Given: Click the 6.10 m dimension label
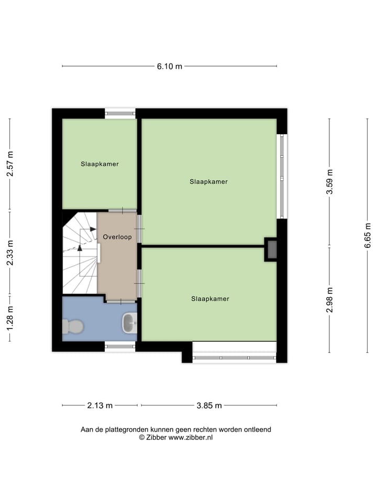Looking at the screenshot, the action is (169, 67).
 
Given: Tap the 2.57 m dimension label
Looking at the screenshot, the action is (10, 163).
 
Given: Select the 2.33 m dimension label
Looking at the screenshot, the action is (10, 253).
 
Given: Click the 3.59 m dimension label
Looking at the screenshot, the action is (329, 182).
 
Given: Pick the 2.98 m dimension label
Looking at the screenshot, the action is (329, 300).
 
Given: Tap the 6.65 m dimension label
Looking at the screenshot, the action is (368, 235).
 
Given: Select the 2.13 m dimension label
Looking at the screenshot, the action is (99, 406).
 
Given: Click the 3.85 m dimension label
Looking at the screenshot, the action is (209, 406).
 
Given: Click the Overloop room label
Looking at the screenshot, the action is (117, 237).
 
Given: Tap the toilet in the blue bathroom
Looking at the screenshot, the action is (73, 326).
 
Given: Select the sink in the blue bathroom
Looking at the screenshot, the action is (129, 323).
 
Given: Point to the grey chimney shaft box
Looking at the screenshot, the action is (271, 249).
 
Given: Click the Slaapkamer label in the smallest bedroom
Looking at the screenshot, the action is (99, 164).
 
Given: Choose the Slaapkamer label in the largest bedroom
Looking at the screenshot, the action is (208, 182).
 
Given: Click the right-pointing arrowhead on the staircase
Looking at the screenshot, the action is (93, 229).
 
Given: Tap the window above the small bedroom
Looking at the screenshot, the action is (120, 113).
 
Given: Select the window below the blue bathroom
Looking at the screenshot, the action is (120, 346).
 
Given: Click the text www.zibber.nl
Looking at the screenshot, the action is (191, 437).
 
